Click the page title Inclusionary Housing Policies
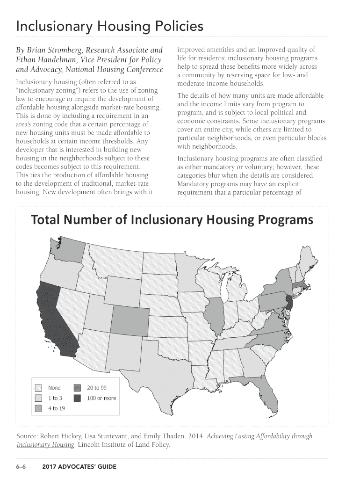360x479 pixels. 109,27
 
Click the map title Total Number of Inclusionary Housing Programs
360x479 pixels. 172,220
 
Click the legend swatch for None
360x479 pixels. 39,388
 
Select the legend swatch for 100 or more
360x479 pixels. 78,398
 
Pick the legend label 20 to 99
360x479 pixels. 97,388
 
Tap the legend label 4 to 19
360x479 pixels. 56,408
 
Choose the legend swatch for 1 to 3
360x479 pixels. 39,398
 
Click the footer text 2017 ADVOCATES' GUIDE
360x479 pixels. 79,467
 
